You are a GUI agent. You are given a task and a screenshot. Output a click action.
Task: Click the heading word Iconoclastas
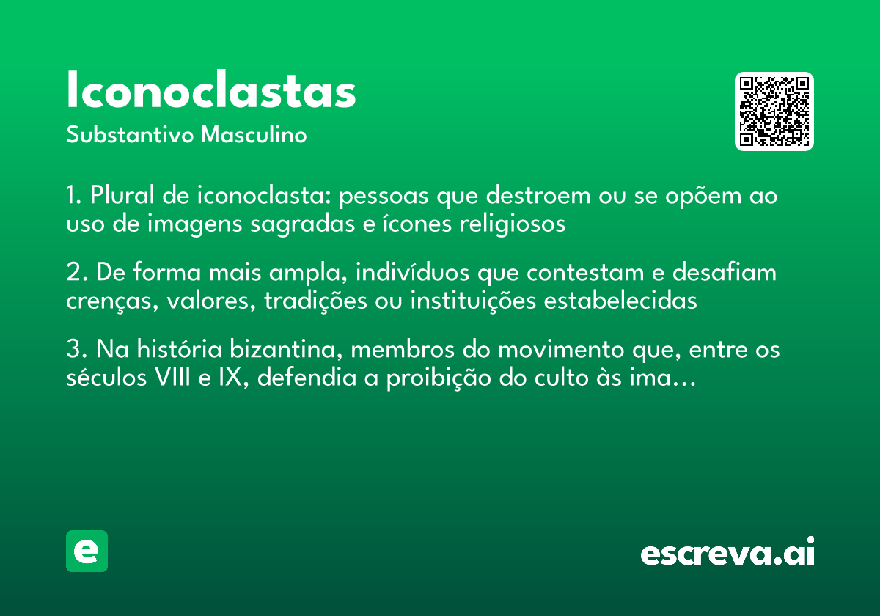pyautogui.click(x=211, y=91)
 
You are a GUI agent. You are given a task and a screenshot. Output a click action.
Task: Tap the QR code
pyautogui.click(x=774, y=111)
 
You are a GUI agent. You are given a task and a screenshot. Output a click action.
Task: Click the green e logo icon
pyautogui.click(x=87, y=551)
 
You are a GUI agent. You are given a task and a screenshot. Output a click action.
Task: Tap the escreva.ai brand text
pyautogui.click(x=727, y=553)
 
